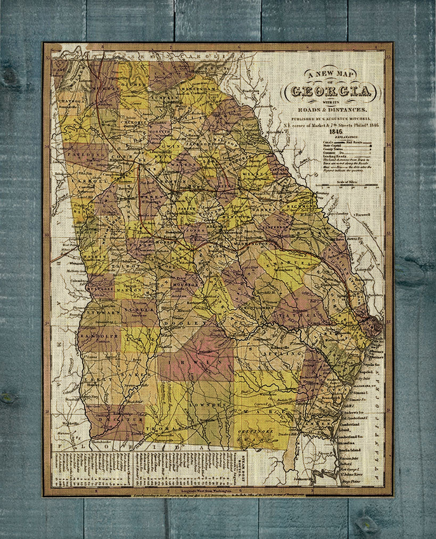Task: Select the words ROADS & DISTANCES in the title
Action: [x=328, y=110]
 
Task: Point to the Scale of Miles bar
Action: [x=346, y=185]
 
